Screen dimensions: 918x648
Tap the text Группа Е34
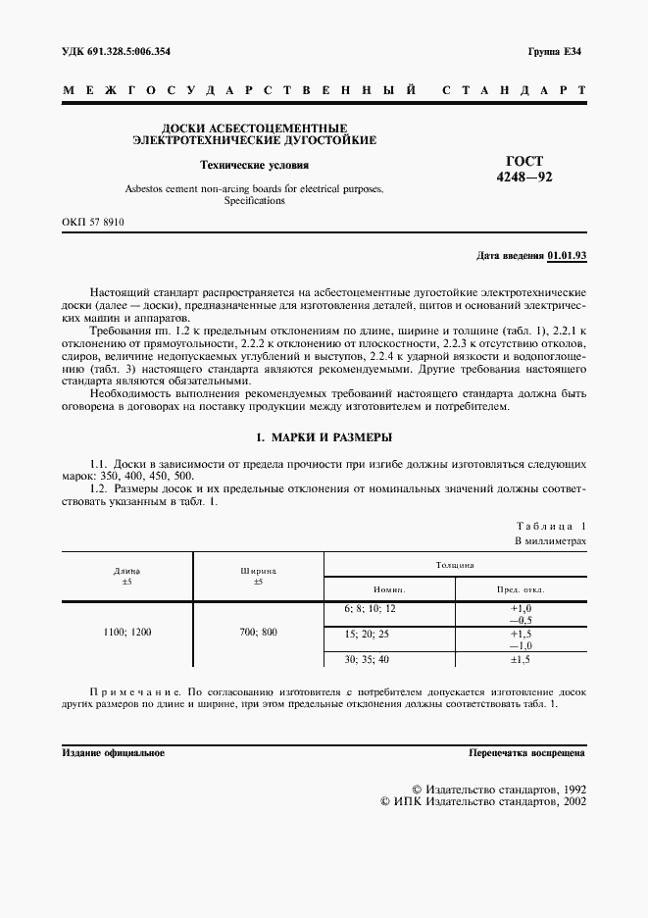coord(554,50)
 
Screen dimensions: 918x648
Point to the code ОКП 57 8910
coord(92,223)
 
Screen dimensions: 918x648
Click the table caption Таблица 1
coord(550,526)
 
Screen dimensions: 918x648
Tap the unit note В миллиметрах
coord(550,540)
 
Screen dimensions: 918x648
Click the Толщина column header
coord(455,566)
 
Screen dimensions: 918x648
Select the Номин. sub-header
coord(389,589)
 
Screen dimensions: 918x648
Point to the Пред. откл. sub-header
coord(521,589)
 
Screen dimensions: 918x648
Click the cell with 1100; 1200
coord(127,633)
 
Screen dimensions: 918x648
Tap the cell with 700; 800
coord(259,633)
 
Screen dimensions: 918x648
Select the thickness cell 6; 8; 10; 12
coord(370,608)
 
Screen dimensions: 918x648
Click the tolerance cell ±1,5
coord(521,660)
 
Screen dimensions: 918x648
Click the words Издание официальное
coord(113,753)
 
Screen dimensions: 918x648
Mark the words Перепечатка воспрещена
coord(527,753)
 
